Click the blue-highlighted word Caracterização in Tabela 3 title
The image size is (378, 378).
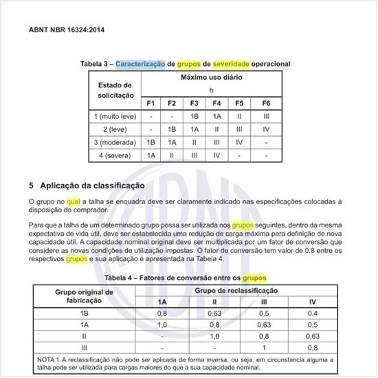[140, 63]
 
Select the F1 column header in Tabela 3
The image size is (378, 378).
[151, 103]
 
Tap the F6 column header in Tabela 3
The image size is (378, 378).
[266, 103]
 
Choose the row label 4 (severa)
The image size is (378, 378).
[115, 155]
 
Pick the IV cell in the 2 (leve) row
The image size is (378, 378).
[266, 129]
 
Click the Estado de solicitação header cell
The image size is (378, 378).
[115, 90]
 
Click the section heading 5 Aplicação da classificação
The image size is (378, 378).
[87, 185]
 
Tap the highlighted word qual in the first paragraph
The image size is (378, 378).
[74, 201]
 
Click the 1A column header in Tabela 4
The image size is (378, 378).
[162, 302]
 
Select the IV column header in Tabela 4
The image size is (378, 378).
[313, 302]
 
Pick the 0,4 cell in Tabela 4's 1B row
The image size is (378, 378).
[313, 313]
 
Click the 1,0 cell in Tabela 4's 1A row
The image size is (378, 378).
[162, 324]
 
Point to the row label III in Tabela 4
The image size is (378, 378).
[84, 348]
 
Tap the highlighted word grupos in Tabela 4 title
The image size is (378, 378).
[254, 278]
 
